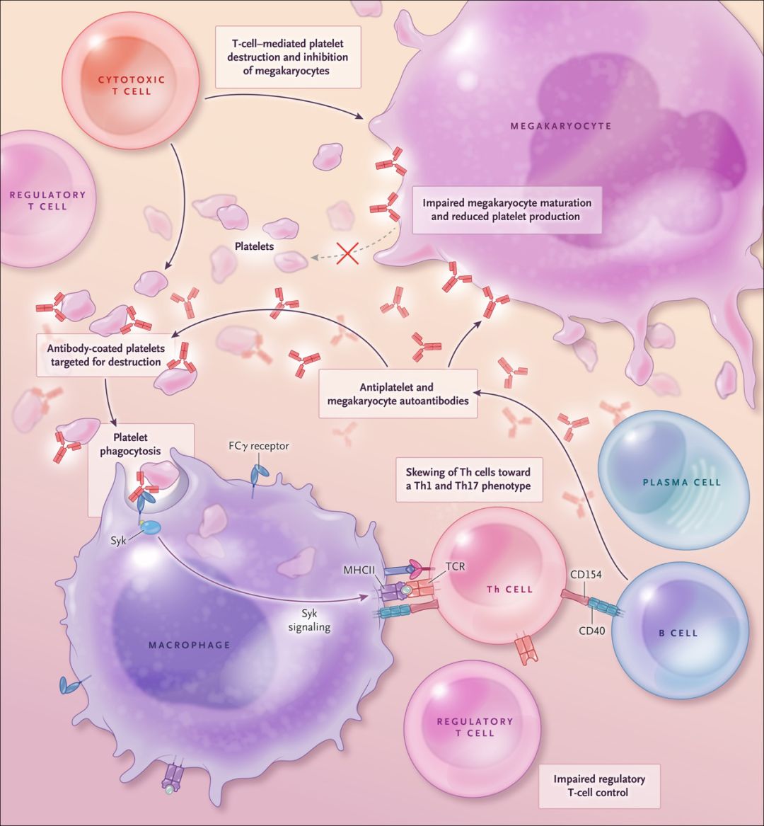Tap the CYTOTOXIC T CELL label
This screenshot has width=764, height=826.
pos(131,86)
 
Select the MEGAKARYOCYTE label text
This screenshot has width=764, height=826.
pos(560,126)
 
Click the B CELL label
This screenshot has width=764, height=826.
pos(678,633)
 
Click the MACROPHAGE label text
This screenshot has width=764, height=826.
pos(190,645)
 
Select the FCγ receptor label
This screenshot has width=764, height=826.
pos(258,447)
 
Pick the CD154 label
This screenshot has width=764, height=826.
pos(585,575)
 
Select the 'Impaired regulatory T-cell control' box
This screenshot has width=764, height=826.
pos(598,786)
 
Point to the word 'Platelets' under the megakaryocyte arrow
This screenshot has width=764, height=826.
pos(255,248)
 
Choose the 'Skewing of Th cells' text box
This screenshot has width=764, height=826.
pos(468,478)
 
